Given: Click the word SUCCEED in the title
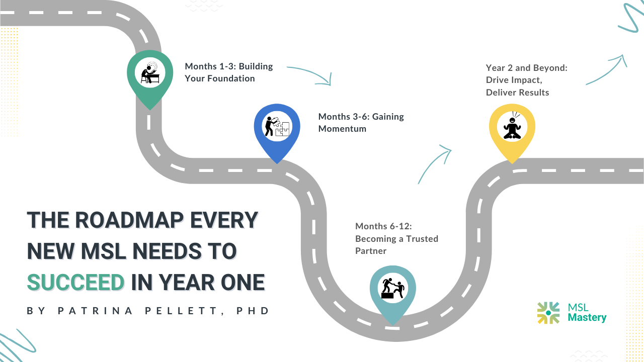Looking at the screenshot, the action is click(75, 282).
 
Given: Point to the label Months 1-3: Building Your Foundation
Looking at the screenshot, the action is click(228, 72).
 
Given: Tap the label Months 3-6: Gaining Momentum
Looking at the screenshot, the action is click(361, 123).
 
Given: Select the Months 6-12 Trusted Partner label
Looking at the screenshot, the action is click(396, 238).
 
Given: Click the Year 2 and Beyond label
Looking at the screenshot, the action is click(526, 80).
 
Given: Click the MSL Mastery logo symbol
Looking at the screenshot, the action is click(548, 313).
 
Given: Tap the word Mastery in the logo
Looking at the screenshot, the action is click(587, 318).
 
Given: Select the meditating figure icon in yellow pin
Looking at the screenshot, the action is click(512, 126).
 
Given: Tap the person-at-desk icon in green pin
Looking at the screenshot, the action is click(149, 73).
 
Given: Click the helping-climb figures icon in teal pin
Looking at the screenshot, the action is click(393, 289).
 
